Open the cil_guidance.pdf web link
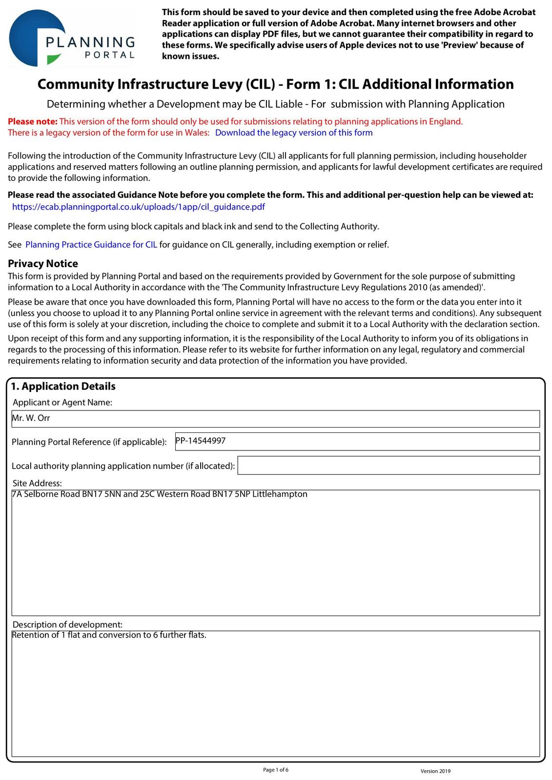click(x=139, y=207)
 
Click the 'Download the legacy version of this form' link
click(x=293, y=133)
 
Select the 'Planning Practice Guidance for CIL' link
click(x=91, y=245)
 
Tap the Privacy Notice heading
click(x=43, y=264)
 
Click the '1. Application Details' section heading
click(x=63, y=386)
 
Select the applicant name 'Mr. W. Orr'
click(x=31, y=418)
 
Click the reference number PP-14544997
click(x=201, y=441)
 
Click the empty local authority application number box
click(x=388, y=466)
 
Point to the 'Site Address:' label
click(x=38, y=483)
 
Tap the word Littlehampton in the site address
click(x=280, y=494)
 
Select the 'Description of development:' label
click(x=67, y=624)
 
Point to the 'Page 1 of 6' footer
click(x=276, y=770)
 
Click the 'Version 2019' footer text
click(x=435, y=771)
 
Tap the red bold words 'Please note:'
click(x=33, y=121)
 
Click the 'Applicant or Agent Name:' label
click(x=62, y=402)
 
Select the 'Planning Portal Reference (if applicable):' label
click(x=89, y=442)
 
